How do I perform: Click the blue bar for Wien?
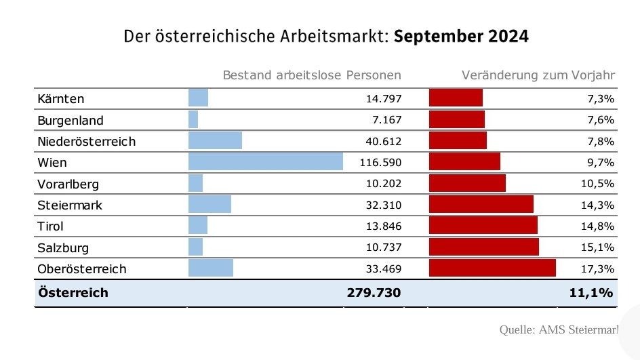[265, 162]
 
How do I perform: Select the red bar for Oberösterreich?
[492, 268]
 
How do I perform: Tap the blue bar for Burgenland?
[193, 120]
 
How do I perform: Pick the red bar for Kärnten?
[456, 98]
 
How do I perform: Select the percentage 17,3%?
[600, 269]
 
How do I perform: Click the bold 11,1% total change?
[591, 293]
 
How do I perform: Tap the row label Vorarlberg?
[69, 184]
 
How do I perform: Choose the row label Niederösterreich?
[87, 142]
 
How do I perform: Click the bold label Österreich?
[73, 293]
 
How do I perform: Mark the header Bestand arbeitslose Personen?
[312, 75]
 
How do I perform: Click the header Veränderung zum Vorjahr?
[538, 75]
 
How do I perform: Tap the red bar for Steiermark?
[481, 205]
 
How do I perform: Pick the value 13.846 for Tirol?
[384, 226]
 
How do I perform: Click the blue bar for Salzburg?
[195, 247]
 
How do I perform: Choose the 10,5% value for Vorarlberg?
[600, 184]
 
